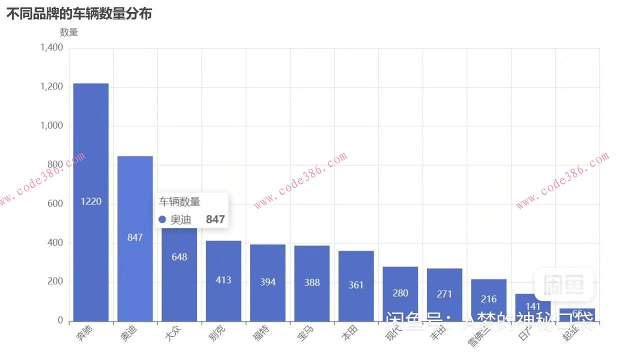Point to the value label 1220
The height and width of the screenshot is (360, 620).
[91, 201]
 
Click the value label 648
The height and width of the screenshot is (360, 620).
[179, 257]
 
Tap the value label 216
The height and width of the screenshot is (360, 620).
[488, 299]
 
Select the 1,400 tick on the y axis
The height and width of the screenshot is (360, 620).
[52, 48]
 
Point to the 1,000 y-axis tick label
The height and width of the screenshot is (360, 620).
[52, 126]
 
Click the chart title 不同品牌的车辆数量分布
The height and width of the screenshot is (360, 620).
[79, 14]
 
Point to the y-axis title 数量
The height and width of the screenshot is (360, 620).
[69, 32]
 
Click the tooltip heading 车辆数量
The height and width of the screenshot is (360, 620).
[179, 202]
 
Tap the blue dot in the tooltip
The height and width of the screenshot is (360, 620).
[162, 219]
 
